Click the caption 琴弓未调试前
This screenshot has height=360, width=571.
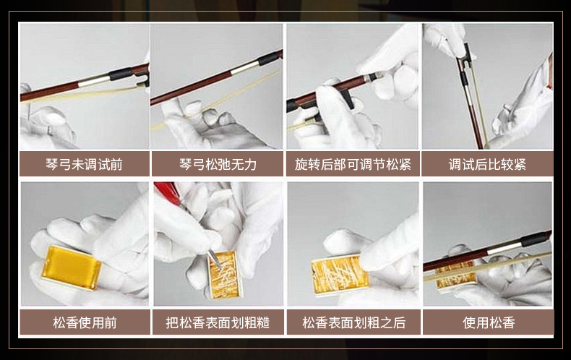[84, 164]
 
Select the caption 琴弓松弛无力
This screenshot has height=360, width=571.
[218, 164]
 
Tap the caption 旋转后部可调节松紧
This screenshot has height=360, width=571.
[353, 164]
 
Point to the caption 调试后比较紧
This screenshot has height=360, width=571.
[487, 164]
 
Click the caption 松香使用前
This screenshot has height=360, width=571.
[85, 322]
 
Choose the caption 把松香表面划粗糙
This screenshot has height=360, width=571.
[218, 322]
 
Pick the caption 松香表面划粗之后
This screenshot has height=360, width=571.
[353, 322]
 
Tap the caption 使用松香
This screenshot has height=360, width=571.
[489, 322]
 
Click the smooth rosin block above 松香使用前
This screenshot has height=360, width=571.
[71, 267]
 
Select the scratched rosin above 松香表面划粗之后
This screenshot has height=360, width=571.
[340, 275]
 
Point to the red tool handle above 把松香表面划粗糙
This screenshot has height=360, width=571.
[168, 192]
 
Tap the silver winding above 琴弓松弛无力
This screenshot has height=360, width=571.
[245, 68]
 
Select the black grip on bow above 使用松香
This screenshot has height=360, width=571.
[535, 239]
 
